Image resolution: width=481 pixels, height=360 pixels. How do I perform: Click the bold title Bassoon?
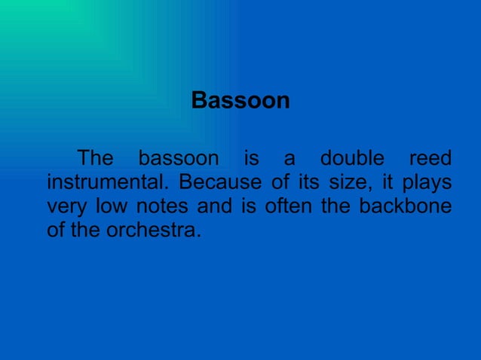click(x=240, y=100)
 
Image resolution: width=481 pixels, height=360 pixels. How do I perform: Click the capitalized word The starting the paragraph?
click(x=96, y=159)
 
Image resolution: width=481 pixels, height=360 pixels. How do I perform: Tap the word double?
click(x=353, y=159)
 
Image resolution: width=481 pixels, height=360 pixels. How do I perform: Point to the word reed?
click(x=430, y=159)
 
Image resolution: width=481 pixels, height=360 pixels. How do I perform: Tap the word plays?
click(x=427, y=183)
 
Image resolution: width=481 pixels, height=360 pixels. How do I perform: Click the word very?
click(x=66, y=207)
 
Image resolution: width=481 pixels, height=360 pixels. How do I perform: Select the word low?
click(x=111, y=207)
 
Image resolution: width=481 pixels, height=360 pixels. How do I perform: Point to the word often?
click(x=288, y=207)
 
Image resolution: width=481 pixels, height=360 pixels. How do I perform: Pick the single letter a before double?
click(x=289, y=160)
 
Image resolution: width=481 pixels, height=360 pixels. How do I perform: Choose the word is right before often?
click(x=249, y=207)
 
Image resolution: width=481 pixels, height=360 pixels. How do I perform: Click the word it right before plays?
click(x=385, y=183)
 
